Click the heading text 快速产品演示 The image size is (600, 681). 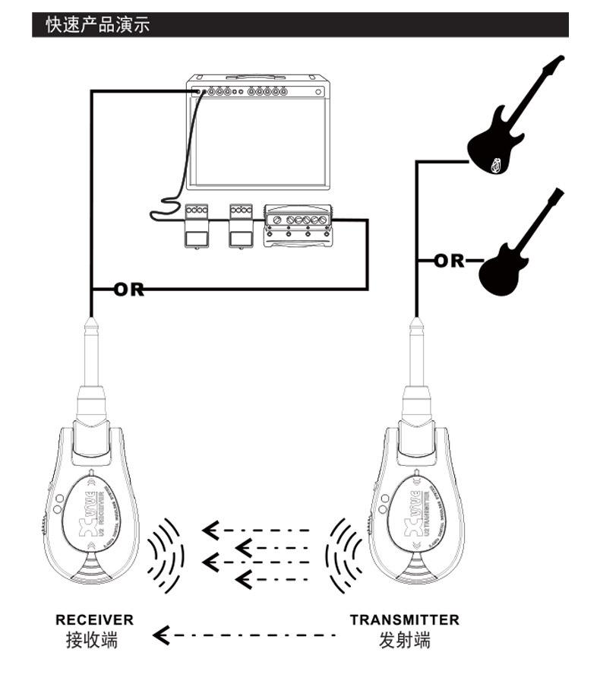pos(98,25)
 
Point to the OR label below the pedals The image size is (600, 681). pos(128,289)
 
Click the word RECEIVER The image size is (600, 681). pos(94,619)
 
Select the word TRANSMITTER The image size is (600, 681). pos(404,619)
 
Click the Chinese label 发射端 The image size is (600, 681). pos(404,640)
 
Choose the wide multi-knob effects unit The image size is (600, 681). pos(297,226)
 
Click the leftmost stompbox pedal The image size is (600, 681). pos(197,226)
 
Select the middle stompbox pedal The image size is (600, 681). pos(241,226)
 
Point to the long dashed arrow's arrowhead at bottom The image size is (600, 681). pos(162,633)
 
